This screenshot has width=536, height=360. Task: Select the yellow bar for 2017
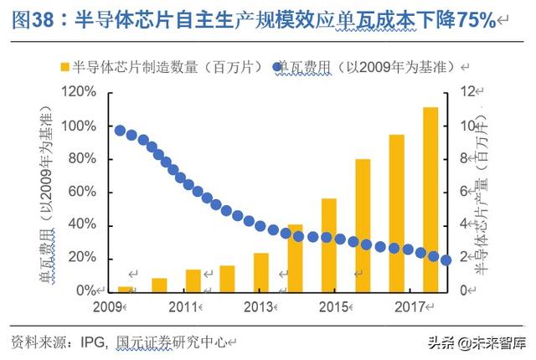396,213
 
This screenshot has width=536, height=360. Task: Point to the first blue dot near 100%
121,131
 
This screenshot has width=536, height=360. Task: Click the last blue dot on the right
446,260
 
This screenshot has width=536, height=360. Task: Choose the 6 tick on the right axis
470,192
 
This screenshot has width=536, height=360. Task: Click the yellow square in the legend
65,65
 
